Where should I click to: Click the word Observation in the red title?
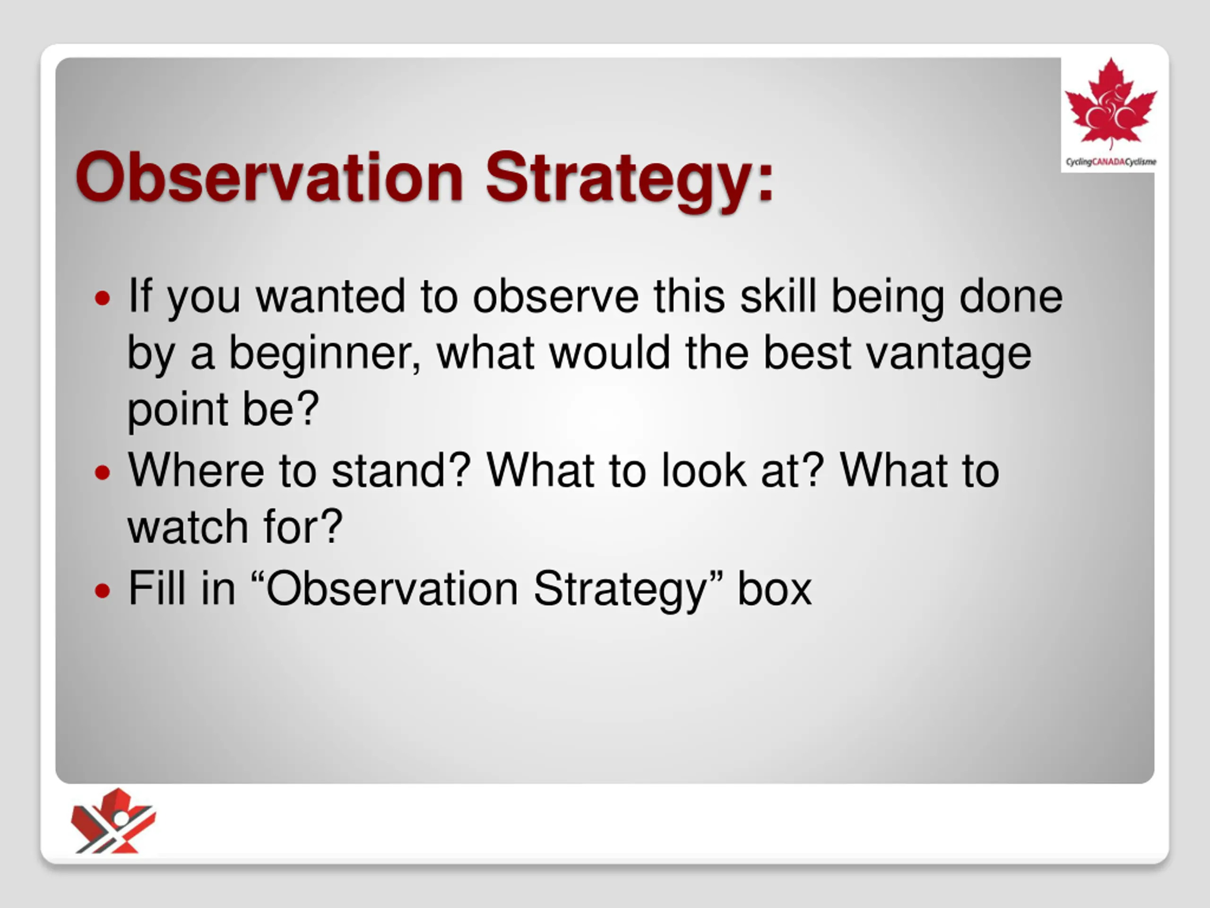(270, 178)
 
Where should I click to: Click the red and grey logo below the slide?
(113, 821)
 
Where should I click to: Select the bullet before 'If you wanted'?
(102, 298)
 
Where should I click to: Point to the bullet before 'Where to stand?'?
(102, 472)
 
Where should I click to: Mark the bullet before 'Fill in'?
(102, 591)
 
